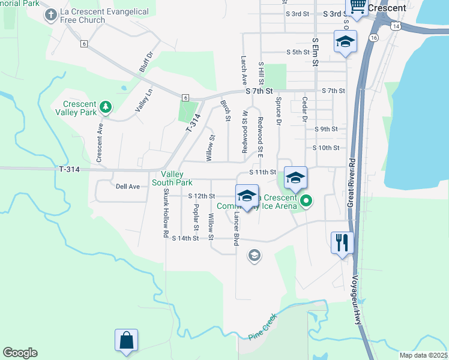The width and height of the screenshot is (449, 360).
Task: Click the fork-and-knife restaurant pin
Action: pyautogui.click(x=342, y=243)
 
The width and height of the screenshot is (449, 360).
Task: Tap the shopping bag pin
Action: pyautogui.click(x=127, y=340)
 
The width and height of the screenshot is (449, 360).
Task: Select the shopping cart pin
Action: pyautogui.click(x=357, y=7)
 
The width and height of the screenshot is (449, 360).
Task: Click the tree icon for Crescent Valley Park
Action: pyautogui.click(x=106, y=107)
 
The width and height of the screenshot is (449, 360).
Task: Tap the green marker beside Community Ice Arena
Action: pyautogui.click(x=306, y=200)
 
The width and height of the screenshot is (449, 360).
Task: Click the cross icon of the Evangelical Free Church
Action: pyautogui.click(x=51, y=14)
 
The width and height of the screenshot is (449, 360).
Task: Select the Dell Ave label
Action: pyautogui.click(x=127, y=187)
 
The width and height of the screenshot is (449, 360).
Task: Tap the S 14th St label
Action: pyautogui.click(x=185, y=239)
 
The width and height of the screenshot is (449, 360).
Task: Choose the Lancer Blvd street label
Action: pyautogui.click(x=237, y=227)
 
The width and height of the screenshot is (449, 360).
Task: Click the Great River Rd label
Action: pyautogui.click(x=352, y=183)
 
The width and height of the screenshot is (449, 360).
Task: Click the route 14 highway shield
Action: pyautogui.click(x=395, y=26)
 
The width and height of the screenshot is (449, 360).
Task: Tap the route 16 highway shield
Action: pyautogui.click(x=374, y=37)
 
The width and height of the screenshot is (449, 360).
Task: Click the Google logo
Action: pyautogui.click(x=20, y=353)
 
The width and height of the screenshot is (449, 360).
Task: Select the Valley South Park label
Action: pyautogui.click(x=172, y=178)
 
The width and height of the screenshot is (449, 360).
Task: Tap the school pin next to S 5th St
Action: pyautogui.click(x=345, y=43)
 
